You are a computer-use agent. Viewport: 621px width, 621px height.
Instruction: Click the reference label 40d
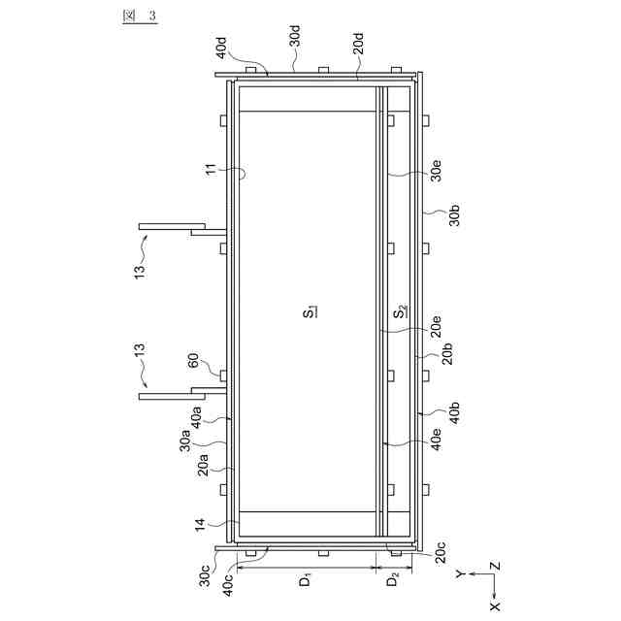click(x=222, y=48)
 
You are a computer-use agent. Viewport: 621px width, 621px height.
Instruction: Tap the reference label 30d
click(x=295, y=36)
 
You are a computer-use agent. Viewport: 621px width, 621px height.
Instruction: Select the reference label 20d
click(x=358, y=44)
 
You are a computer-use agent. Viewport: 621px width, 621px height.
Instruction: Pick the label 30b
click(x=455, y=215)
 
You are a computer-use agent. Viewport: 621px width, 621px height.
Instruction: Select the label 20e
click(x=436, y=326)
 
